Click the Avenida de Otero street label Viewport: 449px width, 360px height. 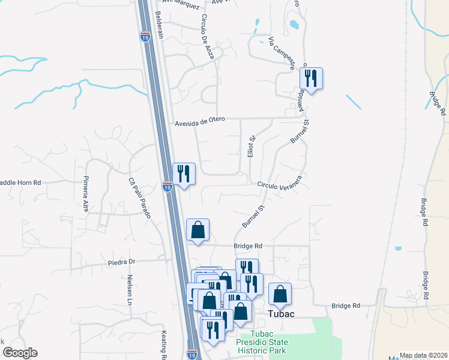[200, 120]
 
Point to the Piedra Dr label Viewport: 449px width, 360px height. [122, 262]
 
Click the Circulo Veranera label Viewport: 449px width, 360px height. [279, 185]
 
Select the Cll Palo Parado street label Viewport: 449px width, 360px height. [139, 197]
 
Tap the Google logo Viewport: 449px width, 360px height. [19, 353]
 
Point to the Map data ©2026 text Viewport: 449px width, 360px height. [423, 355]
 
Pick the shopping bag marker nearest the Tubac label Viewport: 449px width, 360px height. [280, 295]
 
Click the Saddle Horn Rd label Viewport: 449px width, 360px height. [20, 182]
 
